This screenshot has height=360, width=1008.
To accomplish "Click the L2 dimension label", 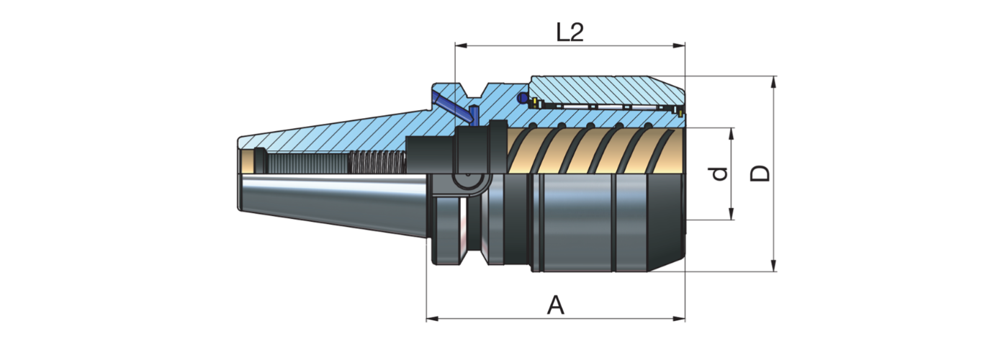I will pyautogui.click(x=570, y=32).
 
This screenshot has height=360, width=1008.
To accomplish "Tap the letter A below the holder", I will pyautogui.click(x=555, y=305).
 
